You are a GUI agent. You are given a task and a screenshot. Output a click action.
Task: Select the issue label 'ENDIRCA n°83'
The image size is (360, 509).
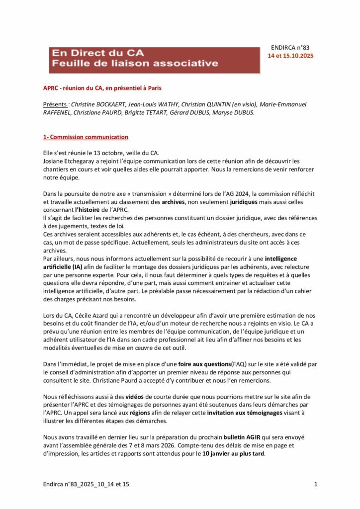[290, 47]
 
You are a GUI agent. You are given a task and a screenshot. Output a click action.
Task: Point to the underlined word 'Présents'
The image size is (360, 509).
[56, 104]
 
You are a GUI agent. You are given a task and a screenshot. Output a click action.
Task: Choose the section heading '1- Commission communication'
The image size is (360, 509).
[86, 137]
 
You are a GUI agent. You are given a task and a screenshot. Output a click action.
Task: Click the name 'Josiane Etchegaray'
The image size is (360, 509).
[70, 161]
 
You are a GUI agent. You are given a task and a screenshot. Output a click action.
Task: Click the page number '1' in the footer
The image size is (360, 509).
[316, 484]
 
